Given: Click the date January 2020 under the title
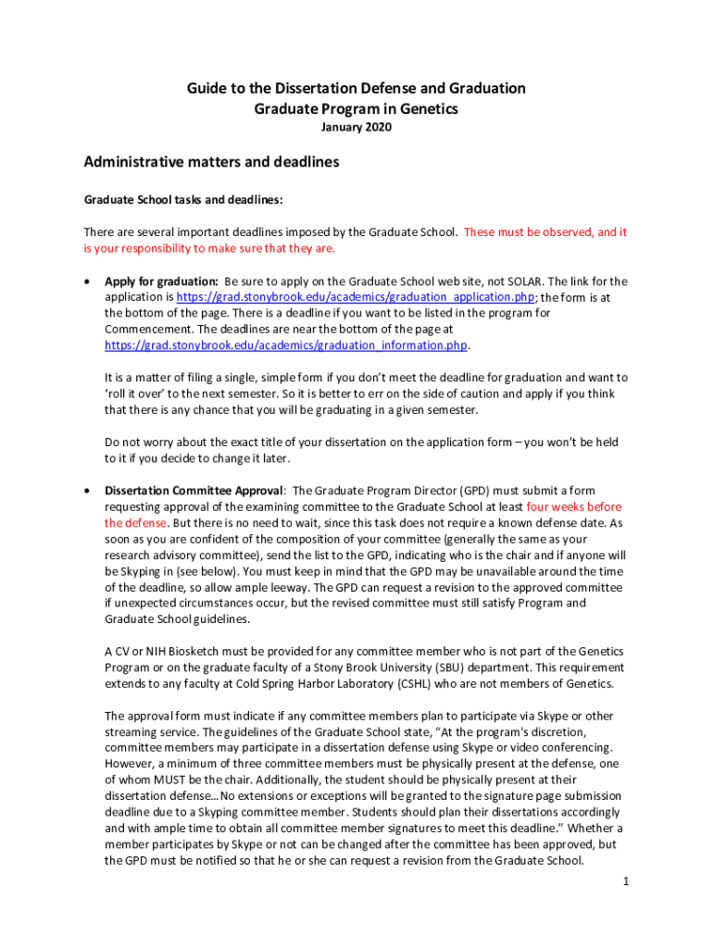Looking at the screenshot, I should click(x=356, y=127).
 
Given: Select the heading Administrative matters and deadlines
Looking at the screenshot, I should click(x=211, y=162).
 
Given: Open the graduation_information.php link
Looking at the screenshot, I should click(x=286, y=345).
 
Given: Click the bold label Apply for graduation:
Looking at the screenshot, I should click(x=161, y=281).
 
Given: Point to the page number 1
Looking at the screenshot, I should click(x=626, y=880).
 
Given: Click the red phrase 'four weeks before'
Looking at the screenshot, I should click(x=574, y=506).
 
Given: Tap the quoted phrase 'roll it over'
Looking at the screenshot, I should click(x=137, y=393).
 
